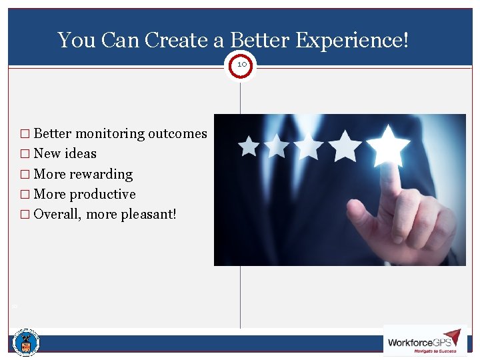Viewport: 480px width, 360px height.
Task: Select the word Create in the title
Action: tap(177, 41)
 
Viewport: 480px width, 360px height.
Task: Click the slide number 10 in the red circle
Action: tap(241, 65)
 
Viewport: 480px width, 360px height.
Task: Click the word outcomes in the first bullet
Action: tap(177, 133)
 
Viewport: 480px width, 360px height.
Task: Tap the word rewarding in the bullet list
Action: tap(101, 174)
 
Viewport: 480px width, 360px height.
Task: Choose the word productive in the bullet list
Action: tap(103, 195)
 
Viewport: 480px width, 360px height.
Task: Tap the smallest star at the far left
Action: tap(249, 146)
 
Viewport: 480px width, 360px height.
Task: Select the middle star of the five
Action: tap(309, 146)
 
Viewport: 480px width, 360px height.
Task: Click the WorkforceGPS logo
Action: tap(424, 341)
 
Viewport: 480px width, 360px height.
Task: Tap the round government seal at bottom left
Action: tap(26, 343)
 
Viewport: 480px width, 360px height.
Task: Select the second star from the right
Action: tap(345, 145)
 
